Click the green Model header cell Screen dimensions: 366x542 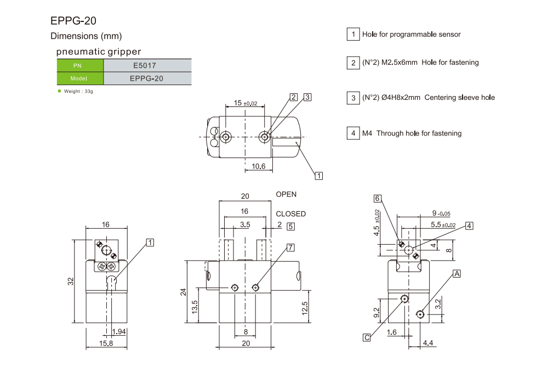tap(80, 78)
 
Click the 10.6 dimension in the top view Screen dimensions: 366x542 tap(258, 166)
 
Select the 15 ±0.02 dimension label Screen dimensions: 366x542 tap(245, 103)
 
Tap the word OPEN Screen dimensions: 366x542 tap(286, 195)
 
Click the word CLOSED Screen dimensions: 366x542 tap(290, 214)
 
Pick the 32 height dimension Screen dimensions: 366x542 tap(71, 281)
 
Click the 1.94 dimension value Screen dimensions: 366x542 tap(119, 331)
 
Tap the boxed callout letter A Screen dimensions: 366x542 tap(457, 273)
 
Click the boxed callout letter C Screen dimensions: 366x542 tap(367, 337)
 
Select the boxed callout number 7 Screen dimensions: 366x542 tap(290, 247)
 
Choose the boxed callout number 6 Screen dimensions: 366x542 tap(378, 199)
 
